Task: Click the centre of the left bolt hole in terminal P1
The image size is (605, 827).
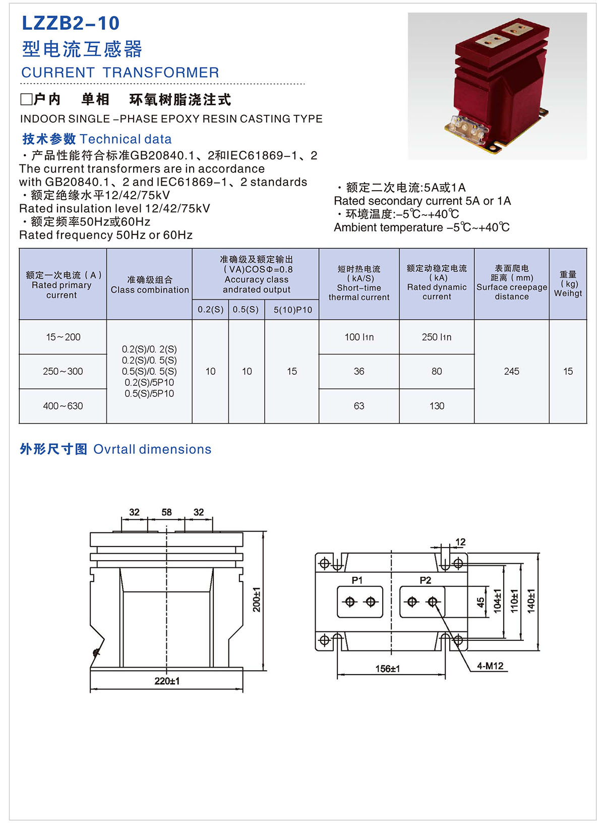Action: pos(349,602)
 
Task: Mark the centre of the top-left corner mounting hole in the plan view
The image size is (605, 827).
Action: pos(324,563)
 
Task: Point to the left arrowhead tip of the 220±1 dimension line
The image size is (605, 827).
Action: pos(90,688)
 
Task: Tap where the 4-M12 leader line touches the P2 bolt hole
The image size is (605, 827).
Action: pos(435,604)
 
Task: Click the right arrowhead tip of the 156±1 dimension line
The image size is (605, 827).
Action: pos(445,675)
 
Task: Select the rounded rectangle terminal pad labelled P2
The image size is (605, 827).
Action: pos(422,602)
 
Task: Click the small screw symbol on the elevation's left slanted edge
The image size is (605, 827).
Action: pos(97,652)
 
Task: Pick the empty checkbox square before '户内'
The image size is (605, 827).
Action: pos(26,100)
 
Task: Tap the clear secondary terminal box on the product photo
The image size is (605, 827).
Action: pos(468,129)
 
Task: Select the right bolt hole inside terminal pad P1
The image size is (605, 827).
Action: pos(370,602)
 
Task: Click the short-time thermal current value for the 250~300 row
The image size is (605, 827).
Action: pos(359,371)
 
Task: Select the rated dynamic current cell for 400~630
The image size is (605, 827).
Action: pos(437,406)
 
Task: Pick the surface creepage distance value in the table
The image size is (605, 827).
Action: pos(512,371)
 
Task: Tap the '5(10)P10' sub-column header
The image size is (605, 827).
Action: pos(293,310)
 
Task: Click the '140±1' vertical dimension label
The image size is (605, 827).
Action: pos(531,601)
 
